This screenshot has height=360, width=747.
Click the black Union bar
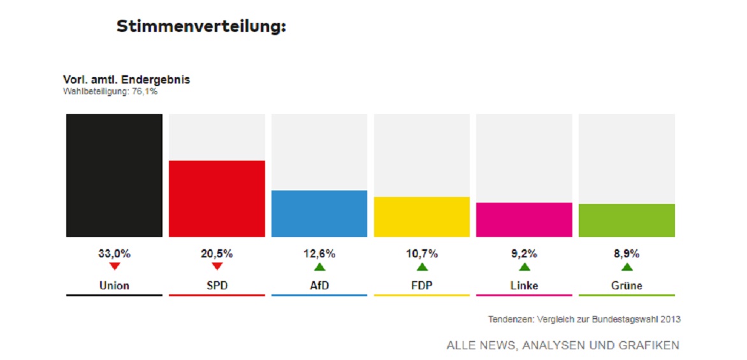[x=114, y=175]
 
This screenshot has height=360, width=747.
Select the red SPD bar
[x=217, y=198]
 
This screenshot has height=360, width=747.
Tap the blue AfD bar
[x=319, y=213]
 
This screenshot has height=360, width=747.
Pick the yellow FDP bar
[x=421, y=217]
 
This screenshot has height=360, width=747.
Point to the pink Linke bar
[x=524, y=220]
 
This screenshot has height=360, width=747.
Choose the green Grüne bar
[x=627, y=220]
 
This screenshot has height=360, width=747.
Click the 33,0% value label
[x=114, y=254]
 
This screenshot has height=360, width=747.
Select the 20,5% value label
[x=217, y=254]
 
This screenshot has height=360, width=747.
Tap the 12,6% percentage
[x=319, y=254]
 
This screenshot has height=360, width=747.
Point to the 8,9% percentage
[x=627, y=254]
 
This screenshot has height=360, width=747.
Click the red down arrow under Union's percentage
[x=114, y=266]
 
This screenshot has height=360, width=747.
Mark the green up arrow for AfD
[x=319, y=267]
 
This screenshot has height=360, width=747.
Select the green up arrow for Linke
[x=524, y=267]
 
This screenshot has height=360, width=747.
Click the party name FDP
[x=421, y=285]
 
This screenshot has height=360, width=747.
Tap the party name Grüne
[x=627, y=285]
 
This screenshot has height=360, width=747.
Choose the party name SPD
[x=217, y=285]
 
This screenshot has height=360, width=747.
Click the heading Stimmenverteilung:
[x=201, y=27]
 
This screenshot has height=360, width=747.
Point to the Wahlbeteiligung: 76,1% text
[x=110, y=92]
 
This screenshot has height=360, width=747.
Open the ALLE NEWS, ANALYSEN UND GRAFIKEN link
[x=563, y=345]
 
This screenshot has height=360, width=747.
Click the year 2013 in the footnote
[x=670, y=319]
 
